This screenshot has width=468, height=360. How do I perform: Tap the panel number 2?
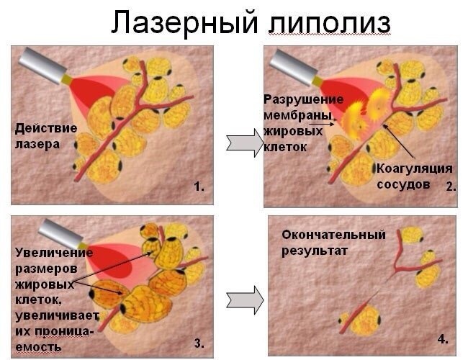tap(449, 186)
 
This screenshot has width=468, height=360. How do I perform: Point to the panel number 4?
tap(442, 338)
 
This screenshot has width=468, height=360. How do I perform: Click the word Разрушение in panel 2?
tap(303, 99)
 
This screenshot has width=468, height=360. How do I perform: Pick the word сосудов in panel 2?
tap(403, 184)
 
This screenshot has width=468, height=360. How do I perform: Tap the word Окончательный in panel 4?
tap(333, 235)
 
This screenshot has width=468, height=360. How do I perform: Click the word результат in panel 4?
tap(315, 251)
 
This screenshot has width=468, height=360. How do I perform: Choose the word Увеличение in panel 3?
tap(53, 253)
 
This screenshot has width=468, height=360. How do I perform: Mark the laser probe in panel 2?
tap(294, 66)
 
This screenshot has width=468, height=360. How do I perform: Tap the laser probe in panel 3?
tap(62, 233)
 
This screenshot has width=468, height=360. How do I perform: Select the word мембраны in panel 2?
tap(297, 116)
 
